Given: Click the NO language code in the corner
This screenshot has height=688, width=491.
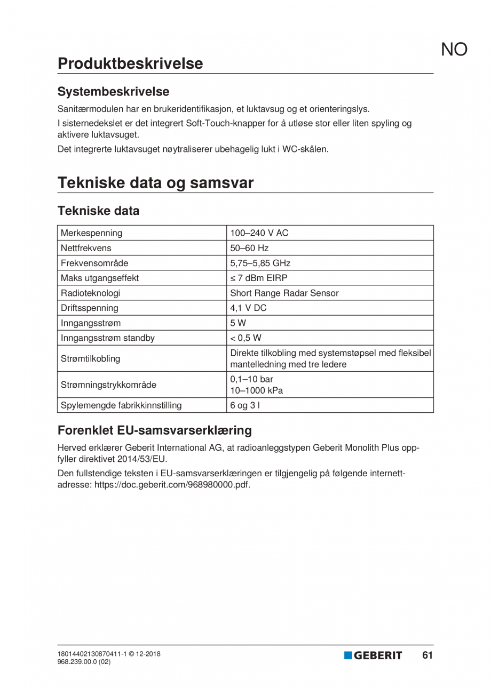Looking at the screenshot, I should [x=454, y=50].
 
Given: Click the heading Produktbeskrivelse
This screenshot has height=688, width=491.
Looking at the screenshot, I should [x=130, y=63].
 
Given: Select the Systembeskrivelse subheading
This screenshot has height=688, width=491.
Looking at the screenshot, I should [x=113, y=92].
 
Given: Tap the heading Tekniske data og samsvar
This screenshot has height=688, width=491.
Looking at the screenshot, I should [x=155, y=183].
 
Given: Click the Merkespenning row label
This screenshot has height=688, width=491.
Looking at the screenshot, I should [x=91, y=233].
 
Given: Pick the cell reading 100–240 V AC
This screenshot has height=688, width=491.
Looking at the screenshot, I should [x=259, y=233].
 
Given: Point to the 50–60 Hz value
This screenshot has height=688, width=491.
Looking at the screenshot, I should [x=249, y=248].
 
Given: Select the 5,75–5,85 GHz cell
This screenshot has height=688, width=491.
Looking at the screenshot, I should [x=260, y=263].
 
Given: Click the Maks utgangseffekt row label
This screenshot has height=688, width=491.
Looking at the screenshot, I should [x=100, y=278].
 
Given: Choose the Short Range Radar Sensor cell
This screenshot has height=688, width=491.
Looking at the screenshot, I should [x=284, y=293].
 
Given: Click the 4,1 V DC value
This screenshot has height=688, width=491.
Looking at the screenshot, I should [x=248, y=308].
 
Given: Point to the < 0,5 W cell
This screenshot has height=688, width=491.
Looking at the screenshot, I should [x=245, y=338].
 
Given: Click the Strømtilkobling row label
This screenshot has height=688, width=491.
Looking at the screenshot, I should [x=90, y=358].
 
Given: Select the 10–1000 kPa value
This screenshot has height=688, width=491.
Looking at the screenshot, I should [x=256, y=390].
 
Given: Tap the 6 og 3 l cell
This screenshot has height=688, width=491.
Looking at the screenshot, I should [x=245, y=405].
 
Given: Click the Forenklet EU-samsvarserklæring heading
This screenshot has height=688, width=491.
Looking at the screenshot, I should [x=154, y=430].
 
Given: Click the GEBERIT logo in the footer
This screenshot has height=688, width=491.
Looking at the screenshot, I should [x=373, y=655].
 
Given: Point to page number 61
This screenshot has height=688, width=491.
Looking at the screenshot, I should [x=427, y=655].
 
